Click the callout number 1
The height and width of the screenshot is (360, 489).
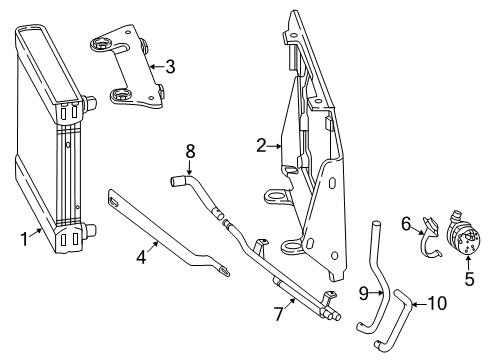coord(24,239)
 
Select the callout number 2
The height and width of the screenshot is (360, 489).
coord(262,146)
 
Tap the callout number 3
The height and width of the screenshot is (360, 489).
coord(170,67)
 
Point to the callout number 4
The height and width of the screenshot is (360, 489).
coord(142,257)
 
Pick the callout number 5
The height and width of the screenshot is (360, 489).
coord(469,279)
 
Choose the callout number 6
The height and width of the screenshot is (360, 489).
coord(406,224)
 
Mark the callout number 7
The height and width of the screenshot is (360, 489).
coord(279,314)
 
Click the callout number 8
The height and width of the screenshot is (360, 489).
coord(190,151)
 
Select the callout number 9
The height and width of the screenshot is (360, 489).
coord(363,293)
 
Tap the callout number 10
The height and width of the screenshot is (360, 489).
coord(437,303)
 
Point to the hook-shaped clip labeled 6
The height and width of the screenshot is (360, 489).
coord(430,238)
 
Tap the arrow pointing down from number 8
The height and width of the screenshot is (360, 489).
coord(190,167)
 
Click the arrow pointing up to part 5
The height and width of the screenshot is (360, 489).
coord(468,263)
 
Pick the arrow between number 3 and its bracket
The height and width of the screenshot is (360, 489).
coord(156,67)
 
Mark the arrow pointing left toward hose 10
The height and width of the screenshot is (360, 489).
coord(419,304)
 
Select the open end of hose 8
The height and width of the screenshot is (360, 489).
coord(173,182)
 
